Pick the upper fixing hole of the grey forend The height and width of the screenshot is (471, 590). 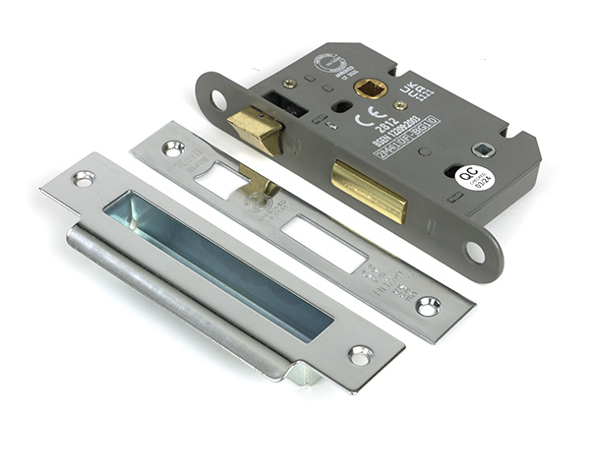coord(216,99)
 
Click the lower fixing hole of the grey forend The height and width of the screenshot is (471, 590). coord(475,251)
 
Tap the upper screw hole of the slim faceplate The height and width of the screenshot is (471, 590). coord(173,148)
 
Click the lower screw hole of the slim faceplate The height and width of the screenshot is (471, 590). coord(428,306)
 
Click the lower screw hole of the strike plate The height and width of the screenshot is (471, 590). coord(359,354)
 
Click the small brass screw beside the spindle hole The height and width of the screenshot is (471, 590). coord(401,105)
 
